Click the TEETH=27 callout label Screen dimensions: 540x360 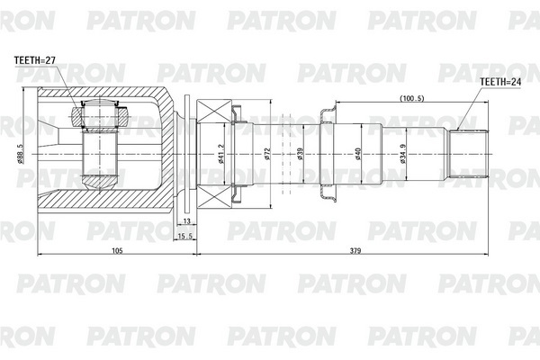35,60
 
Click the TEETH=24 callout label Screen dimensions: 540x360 500,82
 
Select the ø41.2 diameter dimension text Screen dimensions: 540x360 220,154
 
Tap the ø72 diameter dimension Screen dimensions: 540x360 267,154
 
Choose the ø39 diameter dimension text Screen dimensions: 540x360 300,154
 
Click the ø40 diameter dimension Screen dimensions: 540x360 358,154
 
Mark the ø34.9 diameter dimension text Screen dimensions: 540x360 402,154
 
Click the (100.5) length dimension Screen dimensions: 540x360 411,98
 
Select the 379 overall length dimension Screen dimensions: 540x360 355,251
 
